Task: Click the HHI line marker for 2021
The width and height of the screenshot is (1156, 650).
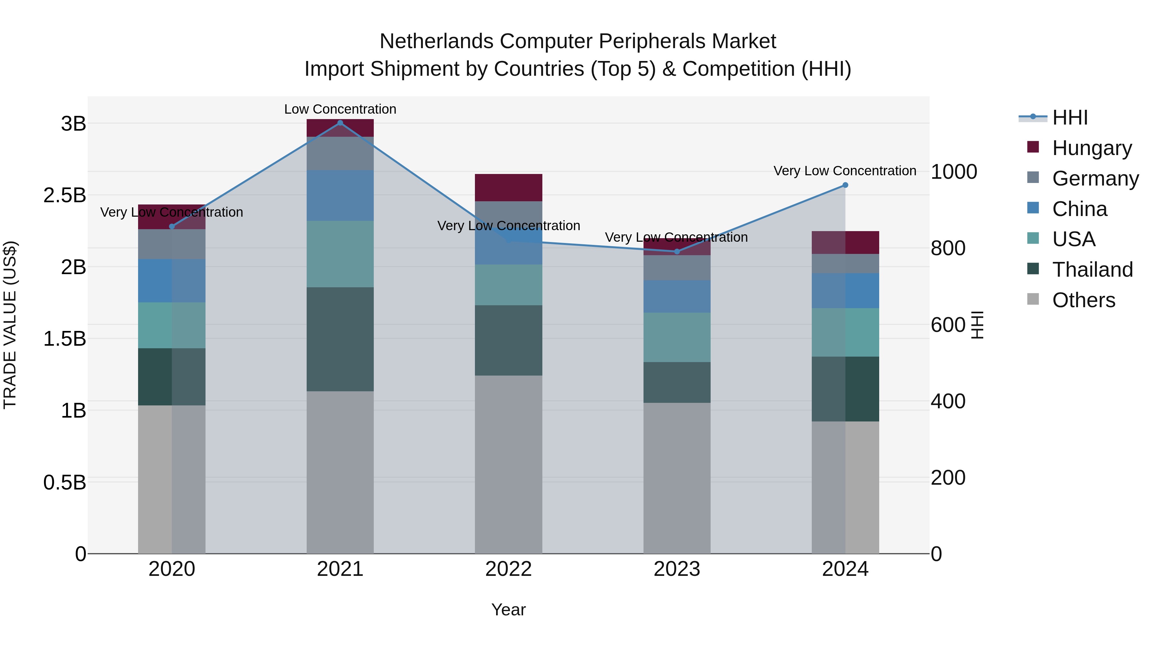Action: pyautogui.click(x=340, y=123)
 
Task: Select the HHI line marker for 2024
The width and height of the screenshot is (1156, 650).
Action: pyautogui.click(x=845, y=185)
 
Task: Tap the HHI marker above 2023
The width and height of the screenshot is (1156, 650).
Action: pyautogui.click(x=677, y=252)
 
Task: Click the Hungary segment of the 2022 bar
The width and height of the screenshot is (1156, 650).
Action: pyautogui.click(x=508, y=187)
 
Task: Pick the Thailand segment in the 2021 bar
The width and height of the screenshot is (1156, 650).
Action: pyautogui.click(x=340, y=339)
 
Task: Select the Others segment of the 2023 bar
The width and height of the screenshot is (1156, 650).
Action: pyautogui.click(x=677, y=478)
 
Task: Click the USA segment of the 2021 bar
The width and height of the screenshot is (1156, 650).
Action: pyautogui.click(x=340, y=254)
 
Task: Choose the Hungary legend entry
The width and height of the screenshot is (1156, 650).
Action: pyautogui.click(x=1091, y=148)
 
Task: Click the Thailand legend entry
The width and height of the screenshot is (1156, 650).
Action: pyautogui.click(x=1092, y=270)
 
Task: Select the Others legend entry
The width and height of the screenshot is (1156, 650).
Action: pyautogui.click(x=1083, y=300)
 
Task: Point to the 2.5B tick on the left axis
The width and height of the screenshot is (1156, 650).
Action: pyautogui.click(x=65, y=195)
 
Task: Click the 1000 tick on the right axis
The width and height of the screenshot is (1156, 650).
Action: pyautogui.click(x=954, y=172)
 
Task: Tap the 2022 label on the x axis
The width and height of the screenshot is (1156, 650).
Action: pyautogui.click(x=508, y=569)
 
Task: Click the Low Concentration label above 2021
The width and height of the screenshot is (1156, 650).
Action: pyautogui.click(x=340, y=109)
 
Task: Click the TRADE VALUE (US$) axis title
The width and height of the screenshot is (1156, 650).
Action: pyautogui.click(x=10, y=325)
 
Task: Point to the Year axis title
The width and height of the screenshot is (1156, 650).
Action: pyautogui.click(x=508, y=610)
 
